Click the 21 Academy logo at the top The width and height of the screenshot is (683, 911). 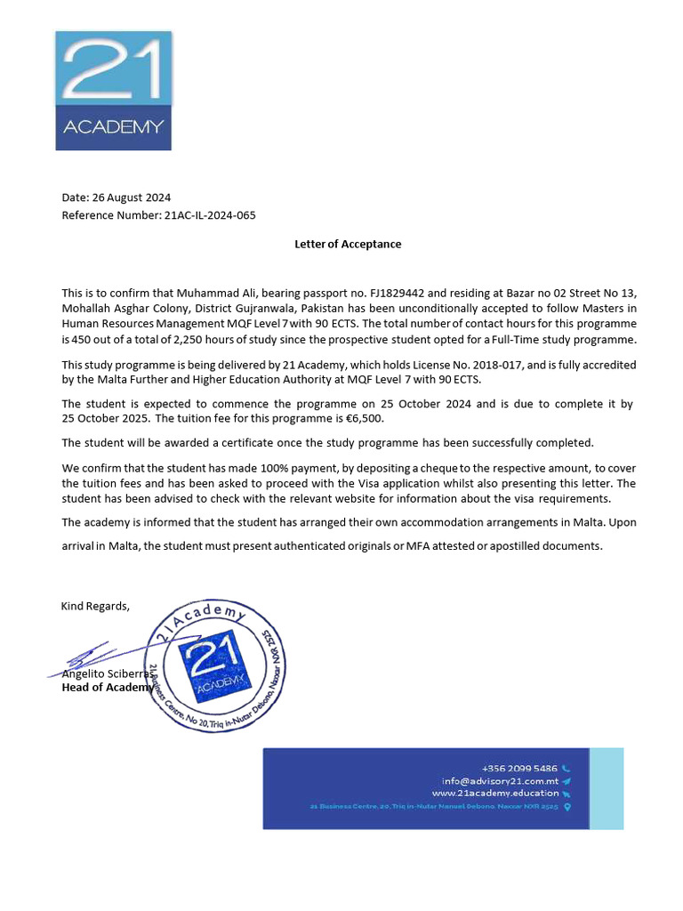pyautogui.click(x=113, y=91)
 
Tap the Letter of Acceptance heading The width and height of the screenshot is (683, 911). pyautogui.click(x=348, y=244)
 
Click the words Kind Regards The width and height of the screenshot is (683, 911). pyautogui.click(x=95, y=606)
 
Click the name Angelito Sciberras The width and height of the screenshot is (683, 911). pyautogui.click(x=106, y=674)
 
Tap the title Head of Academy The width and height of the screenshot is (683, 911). pyautogui.click(x=106, y=688)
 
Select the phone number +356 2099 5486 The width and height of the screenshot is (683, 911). pyautogui.click(x=519, y=768)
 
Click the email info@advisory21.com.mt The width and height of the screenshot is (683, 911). pyautogui.click(x=500, y=780)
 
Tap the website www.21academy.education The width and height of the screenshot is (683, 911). pyautogui.click(x=495, y=793)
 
